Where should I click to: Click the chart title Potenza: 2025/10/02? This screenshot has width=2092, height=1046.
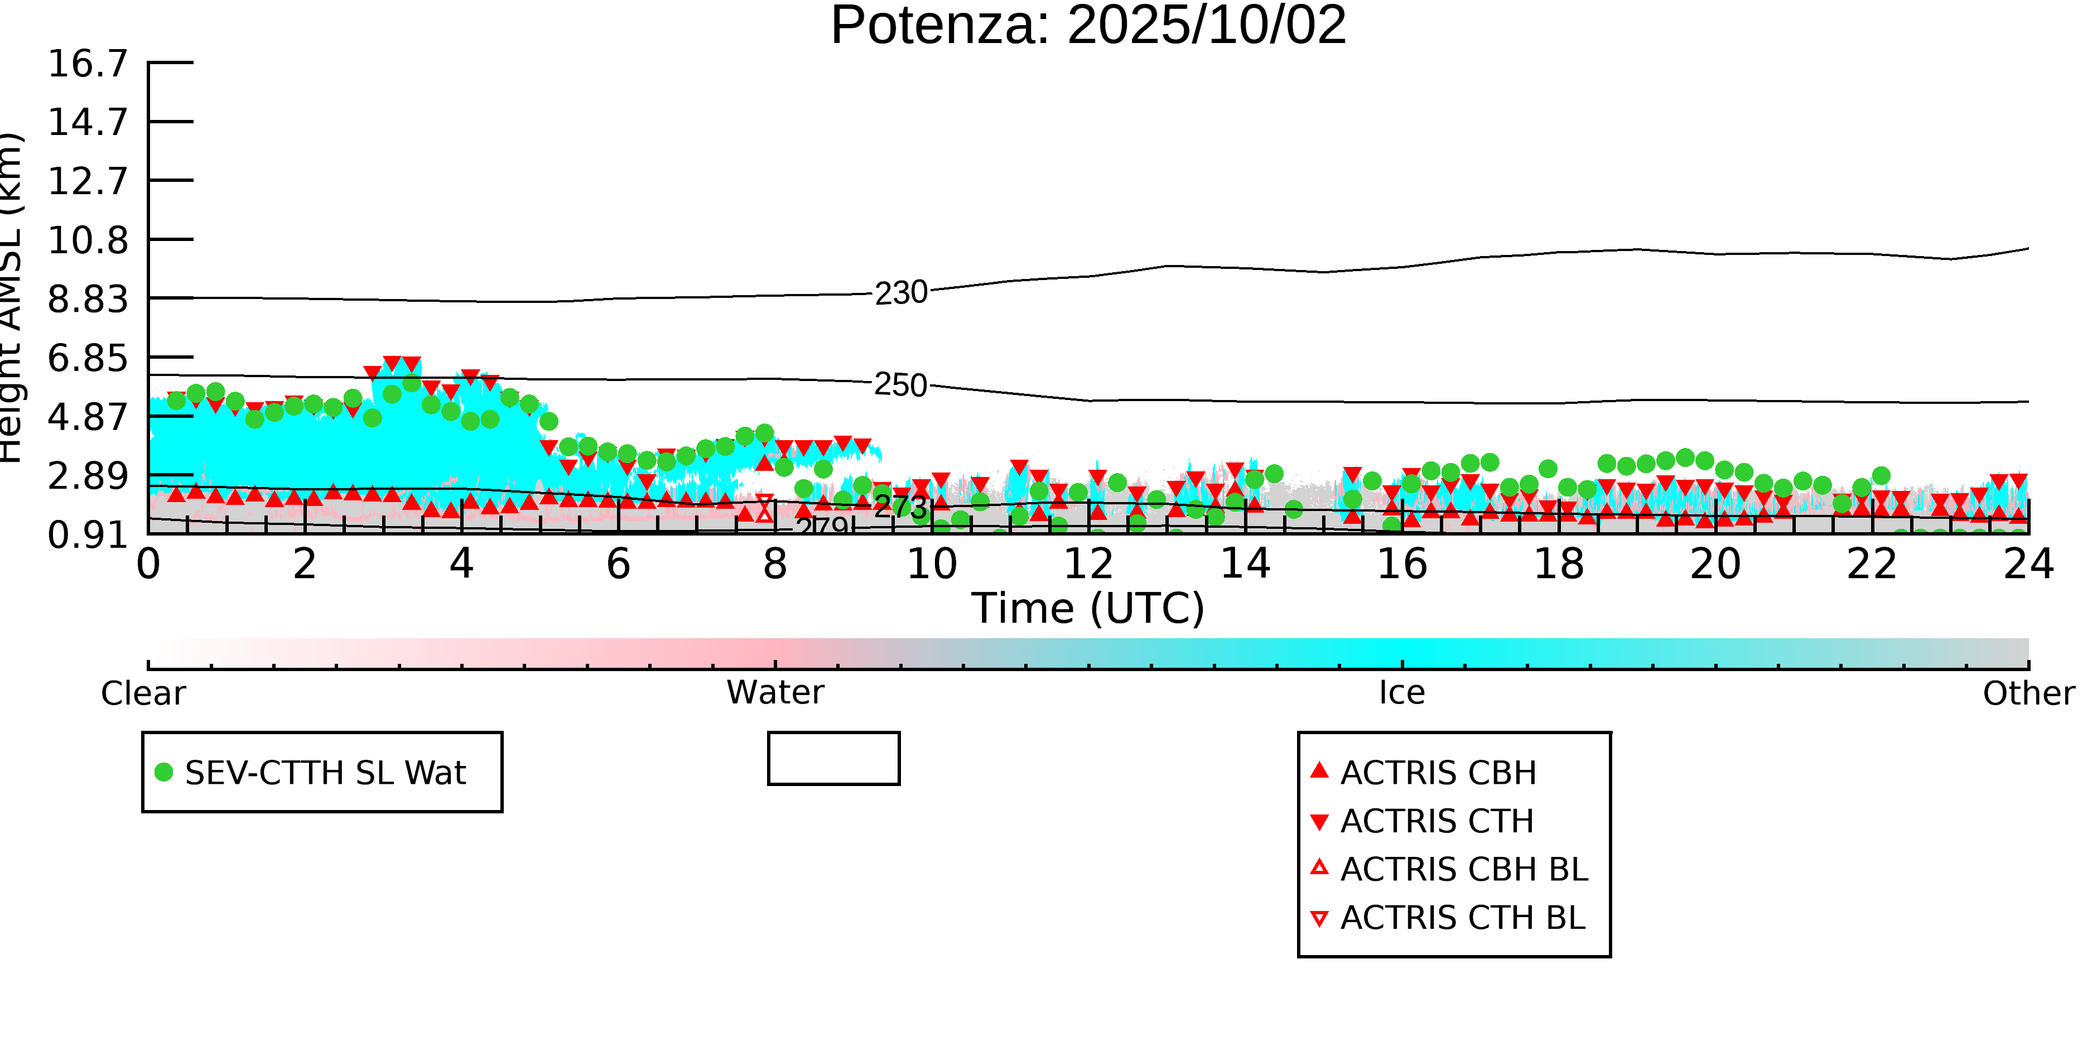click(x=1088, y=26)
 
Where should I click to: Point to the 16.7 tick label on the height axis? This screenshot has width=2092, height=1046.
click(x=88, y=64)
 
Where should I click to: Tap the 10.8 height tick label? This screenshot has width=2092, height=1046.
click(x=88, y=240)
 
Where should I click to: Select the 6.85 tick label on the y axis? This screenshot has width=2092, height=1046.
click(x=88, y=358)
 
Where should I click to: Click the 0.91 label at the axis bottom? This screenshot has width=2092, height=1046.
click(x=88, y=535)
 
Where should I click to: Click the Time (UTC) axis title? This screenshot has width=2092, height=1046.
click(x=1088, y=608)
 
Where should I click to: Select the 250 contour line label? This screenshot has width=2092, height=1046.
click(x=900, y=385)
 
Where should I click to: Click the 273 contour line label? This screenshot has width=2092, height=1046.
click(x=900, y=507)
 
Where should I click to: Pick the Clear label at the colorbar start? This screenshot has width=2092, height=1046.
click(x=143, y=693)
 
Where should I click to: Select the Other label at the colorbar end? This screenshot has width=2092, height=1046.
click(x=2028, y=693)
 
